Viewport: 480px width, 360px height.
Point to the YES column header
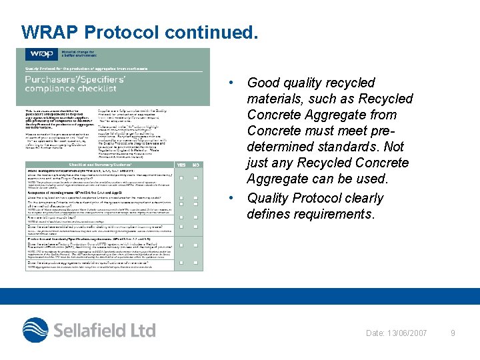click(x=181, y=165)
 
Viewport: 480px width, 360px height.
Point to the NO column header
click(x=195, y=165)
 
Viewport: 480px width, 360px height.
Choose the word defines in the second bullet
click(x=269, y=215)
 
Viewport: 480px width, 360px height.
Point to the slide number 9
click(x=453, y=333)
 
